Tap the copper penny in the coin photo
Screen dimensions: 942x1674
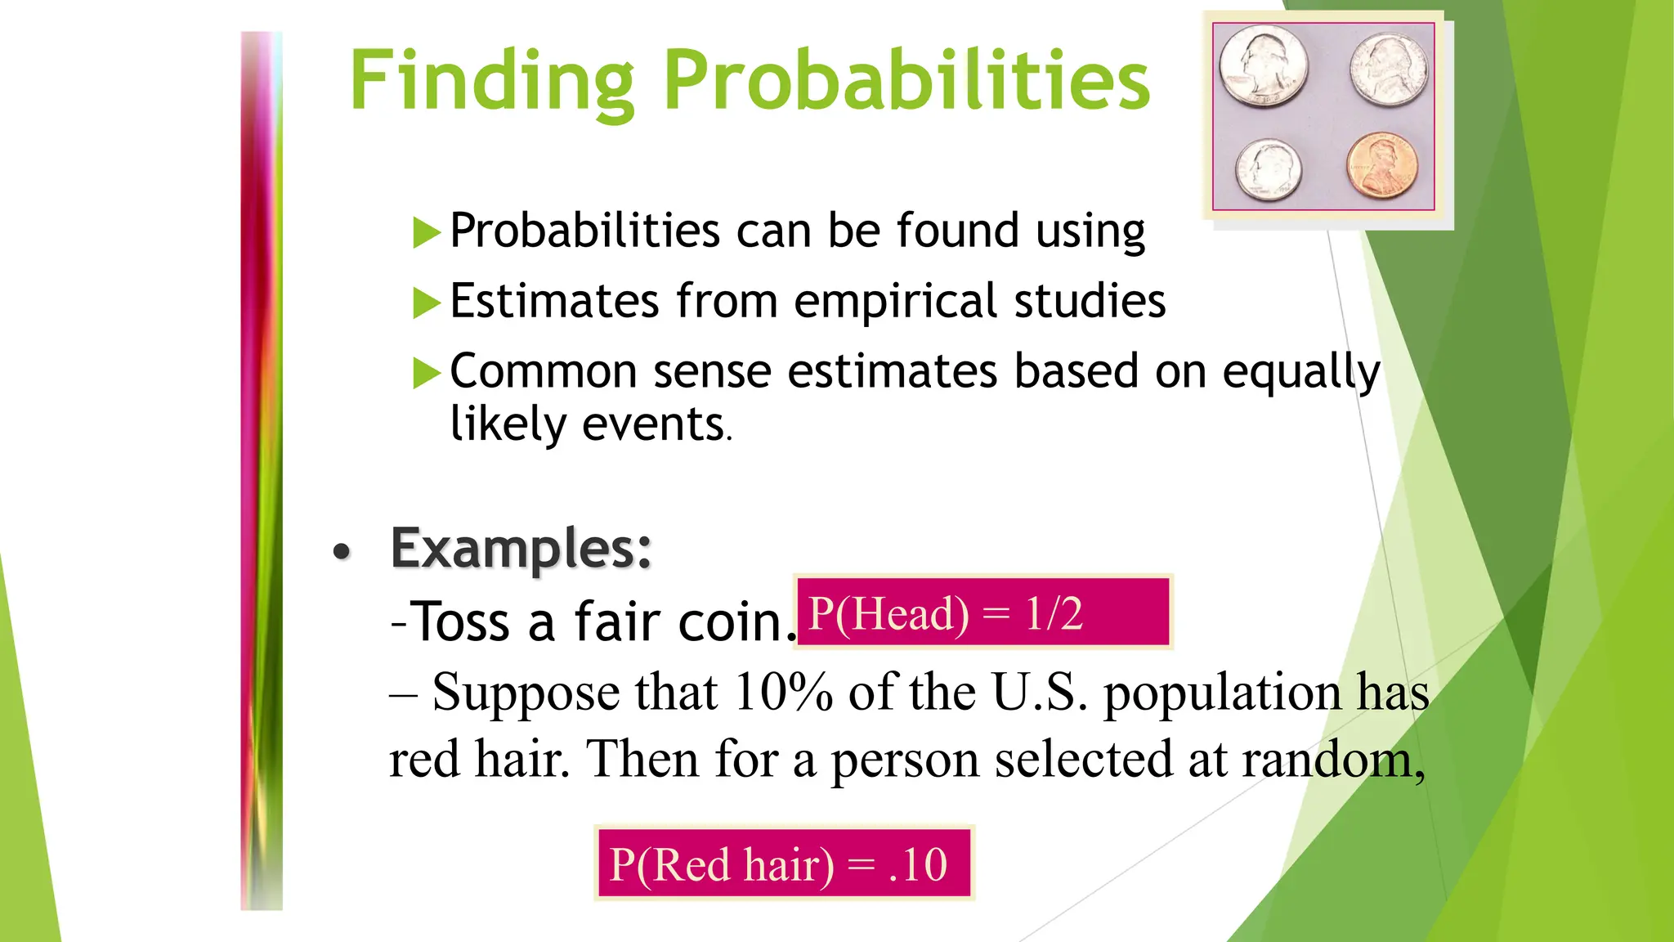click(x=1383, y=166)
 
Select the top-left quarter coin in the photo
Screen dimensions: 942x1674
click(x=1264, y=65)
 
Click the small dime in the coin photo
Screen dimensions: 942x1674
click(x=1268, y=169)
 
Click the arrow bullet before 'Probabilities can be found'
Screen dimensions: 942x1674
click(x=426, y=233)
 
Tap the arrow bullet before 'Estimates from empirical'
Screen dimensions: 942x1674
click(x=426, y=303)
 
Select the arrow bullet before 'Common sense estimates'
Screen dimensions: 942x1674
click(x=426, y=374)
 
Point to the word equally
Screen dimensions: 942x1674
click(x=1300, y=373)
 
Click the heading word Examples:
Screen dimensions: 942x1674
click(x=521, y=548)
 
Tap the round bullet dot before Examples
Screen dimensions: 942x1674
click(x=342, y=552)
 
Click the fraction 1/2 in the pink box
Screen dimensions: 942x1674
click(x=1054, y=613)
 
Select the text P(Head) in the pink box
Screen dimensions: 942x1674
click(x=888, y=613)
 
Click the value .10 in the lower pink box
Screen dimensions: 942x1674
click(x=917, y=864)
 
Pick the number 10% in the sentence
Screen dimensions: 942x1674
click(x=782, y=693)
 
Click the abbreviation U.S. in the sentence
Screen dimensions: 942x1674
click(x=1039, y=693)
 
